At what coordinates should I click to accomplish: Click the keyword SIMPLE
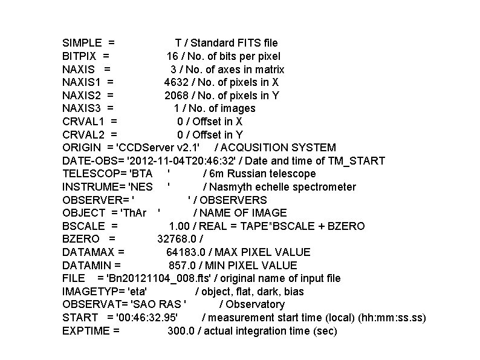pyautogui.click(x=82, y=43)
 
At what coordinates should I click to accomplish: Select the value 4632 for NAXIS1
pyautogui.click(x=176, y=82)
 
